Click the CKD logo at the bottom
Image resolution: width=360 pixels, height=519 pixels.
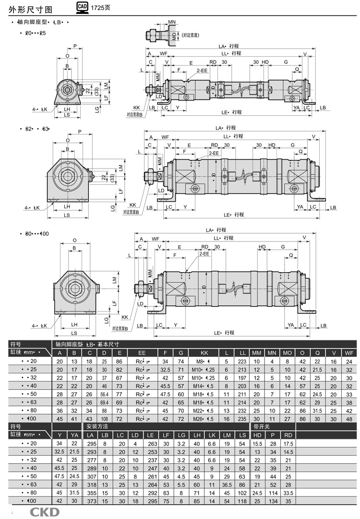click(x=45, y=512)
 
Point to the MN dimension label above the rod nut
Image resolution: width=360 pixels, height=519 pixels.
click(x=172, y=23)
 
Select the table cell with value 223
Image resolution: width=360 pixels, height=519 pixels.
click(x=243, y=361)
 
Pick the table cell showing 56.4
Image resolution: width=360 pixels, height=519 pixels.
click(x=105, y=394)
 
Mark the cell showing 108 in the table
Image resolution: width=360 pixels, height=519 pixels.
click(x=105, y=418)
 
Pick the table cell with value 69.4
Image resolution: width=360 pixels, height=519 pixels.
click(x=105, y=402)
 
